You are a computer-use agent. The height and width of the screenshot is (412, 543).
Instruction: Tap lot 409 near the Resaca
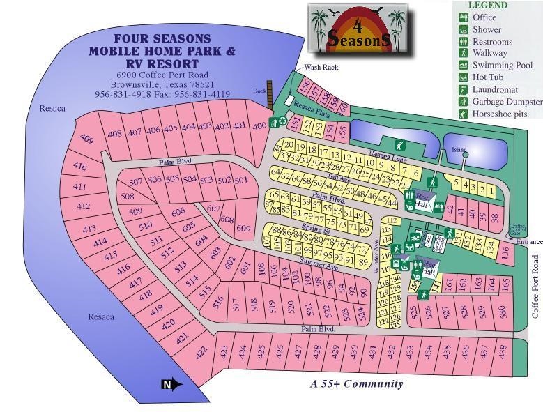click(x=86, y=139)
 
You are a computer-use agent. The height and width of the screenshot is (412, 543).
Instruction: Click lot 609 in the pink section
click(x=243, y=228)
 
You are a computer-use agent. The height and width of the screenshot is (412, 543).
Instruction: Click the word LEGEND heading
click(x=488, y=6)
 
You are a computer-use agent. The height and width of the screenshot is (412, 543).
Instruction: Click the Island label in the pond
click(x=459, y=149)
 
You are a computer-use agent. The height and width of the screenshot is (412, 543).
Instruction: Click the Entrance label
click(x=529, y=241)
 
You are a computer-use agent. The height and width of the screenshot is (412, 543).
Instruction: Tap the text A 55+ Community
click(x=356, y=383)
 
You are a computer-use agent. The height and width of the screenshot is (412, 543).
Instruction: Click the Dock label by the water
click(x=259, y=91)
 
